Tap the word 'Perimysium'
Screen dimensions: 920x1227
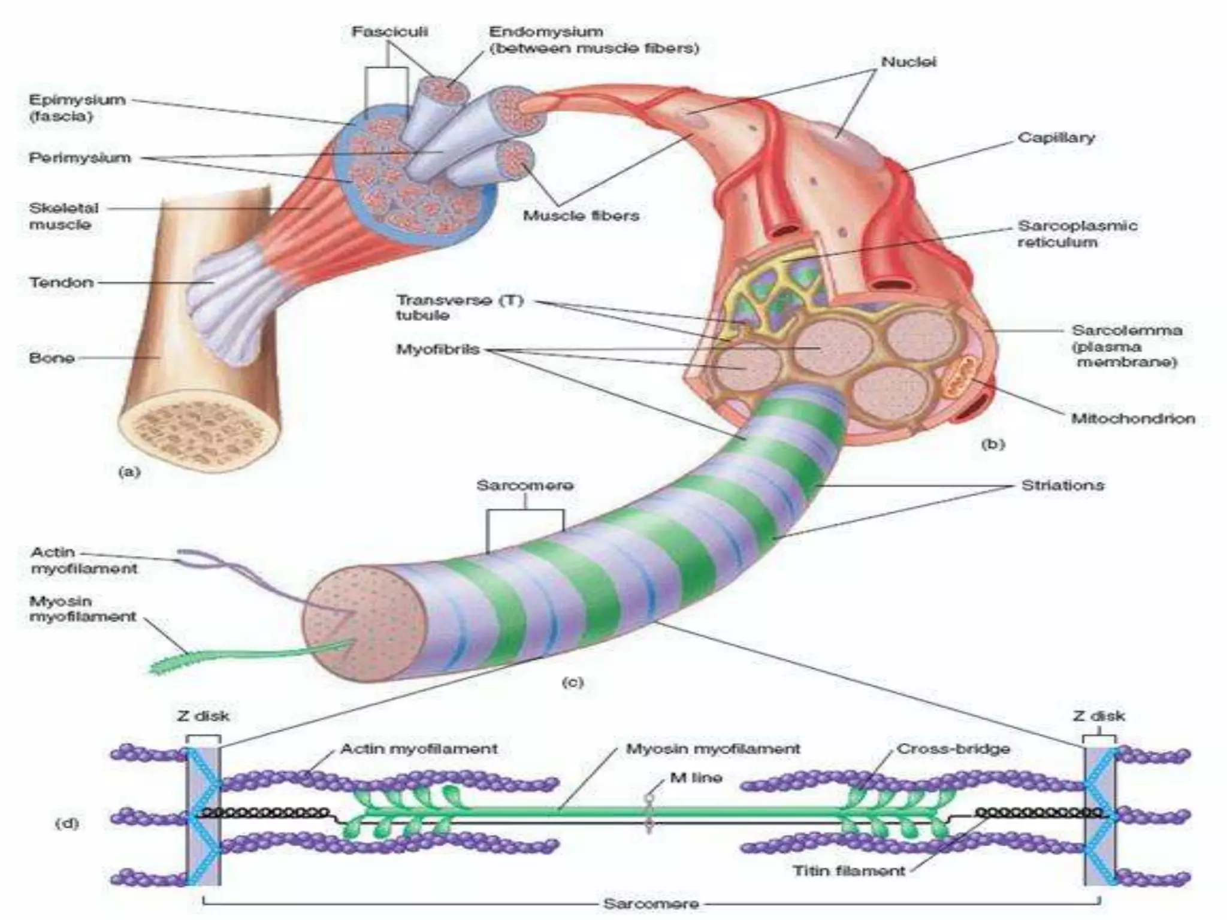click(x=80, y=158)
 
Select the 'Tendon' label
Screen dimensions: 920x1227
click(x=62, y=282)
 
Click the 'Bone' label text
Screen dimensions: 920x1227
click(x=52, y=358)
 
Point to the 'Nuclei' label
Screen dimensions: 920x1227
click(x=908, y=62)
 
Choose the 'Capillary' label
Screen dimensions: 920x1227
click(x=1056, y=138)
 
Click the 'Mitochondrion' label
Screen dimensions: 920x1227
click(x=1132, y=419)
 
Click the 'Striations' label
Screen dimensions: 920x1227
click(x=1062, y=485)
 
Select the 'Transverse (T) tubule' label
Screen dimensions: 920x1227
click(x=459, y=307)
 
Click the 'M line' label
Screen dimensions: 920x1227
click(x=696, y=778)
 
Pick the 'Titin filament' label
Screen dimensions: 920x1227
click(x=848, y=870)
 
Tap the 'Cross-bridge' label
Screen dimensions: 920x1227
click(x=953, y=749)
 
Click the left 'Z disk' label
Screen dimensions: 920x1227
click(x=203, y=716)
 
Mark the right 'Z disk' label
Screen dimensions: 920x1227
click(x=1098, y=716)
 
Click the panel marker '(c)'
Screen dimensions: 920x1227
click(x=572, y=682)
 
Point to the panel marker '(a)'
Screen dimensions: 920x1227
click(x=129, y=472)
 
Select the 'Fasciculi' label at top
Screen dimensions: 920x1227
click(x=389, y=31)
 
